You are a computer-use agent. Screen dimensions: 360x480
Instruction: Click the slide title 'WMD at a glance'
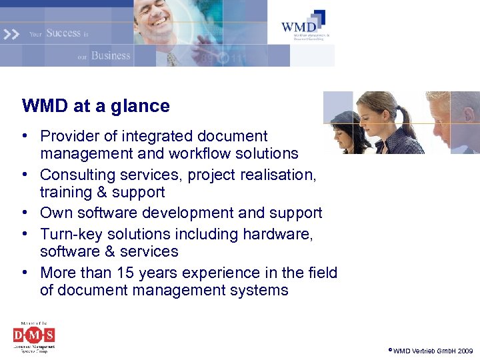pyautogui.click(x=95, y=106)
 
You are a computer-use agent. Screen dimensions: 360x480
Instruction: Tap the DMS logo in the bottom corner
pyautogui.click(x=34, y=337)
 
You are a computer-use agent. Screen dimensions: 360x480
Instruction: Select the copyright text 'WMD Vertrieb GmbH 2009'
pyautogui.click(x=433, y=351)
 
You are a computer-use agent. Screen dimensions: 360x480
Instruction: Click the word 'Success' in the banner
pyautogui.click(x=63, y=33)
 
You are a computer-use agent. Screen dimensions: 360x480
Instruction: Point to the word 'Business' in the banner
pyautogui.click(x=111, y=55)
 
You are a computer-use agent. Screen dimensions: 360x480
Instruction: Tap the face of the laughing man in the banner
pyautogui.click(x=156, y=17)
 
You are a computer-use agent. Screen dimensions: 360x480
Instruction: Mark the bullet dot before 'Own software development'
pyautogui.click(x=24, y=213)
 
